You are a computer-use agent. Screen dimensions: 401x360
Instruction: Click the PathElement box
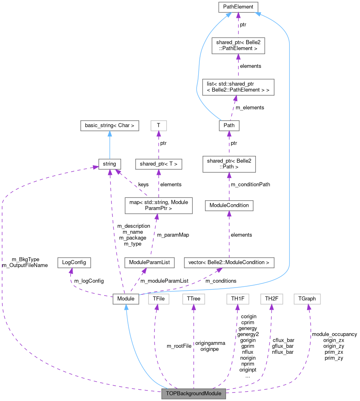(x=238, y=7)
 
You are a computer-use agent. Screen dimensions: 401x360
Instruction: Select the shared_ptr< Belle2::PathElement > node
(x=238, y=45)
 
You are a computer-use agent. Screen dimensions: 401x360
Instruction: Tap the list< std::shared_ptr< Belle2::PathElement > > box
(x=238, y=87)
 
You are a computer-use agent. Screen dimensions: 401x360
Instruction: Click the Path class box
(x=229, y=125)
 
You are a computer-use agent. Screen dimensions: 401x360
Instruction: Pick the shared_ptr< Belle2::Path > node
(x=229, y=164)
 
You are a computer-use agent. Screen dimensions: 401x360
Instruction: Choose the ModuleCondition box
(x=229, y=205)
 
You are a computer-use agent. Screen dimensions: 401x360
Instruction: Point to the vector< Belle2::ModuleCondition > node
(x=229, y=262)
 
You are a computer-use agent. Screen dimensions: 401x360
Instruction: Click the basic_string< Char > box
(x=109, y=125)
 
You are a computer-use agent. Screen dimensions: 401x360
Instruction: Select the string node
(x=109, y=164)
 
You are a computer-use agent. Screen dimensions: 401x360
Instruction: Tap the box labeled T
(x=158, y=125)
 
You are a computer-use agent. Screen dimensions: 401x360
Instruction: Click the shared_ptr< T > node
(x=158, y=164)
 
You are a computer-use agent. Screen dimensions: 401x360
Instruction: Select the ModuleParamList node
(x=149, y=262)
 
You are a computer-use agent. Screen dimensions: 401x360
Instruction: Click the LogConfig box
(x=74, y=262)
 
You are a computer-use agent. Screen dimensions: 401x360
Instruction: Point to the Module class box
(x=126, y=299)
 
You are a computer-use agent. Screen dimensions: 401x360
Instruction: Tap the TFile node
(x=159, y=299)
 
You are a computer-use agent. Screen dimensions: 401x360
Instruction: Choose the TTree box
(x=194, y=299)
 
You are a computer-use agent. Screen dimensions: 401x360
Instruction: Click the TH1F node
(x=238, y=299)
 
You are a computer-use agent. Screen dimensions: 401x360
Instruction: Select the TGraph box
(x=307, y=299)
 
